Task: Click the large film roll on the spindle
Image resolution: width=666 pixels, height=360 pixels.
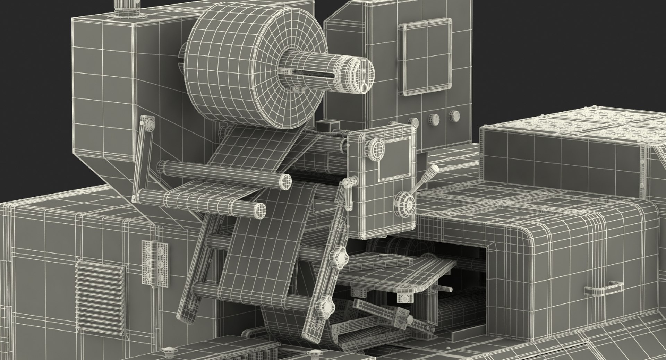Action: pos(229,69)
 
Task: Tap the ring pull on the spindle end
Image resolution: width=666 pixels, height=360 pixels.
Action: pos(364,88)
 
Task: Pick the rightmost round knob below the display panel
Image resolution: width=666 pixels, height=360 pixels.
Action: pos(454,116)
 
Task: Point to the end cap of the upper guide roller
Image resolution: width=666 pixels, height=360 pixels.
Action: pos(285,181)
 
